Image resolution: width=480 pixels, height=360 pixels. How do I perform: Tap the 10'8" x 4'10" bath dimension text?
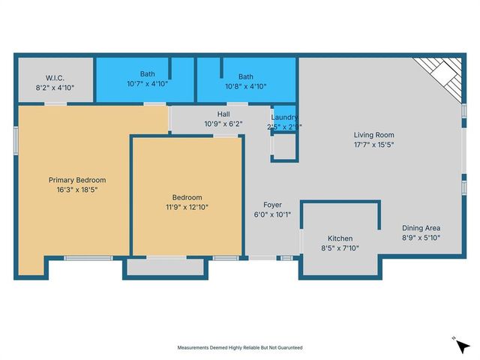tap(246, 86)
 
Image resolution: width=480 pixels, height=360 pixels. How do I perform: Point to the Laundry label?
tap(284, 117)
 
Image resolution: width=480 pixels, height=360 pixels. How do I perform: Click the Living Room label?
tap(373, 136)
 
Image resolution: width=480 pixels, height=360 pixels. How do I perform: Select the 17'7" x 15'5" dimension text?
tap(373, 145)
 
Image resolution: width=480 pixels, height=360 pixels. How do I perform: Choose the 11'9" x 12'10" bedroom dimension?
tap(187, 206)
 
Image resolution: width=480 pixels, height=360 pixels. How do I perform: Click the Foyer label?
tap(271, 205)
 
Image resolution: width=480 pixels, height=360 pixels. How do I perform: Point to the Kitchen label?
tap(340, 238)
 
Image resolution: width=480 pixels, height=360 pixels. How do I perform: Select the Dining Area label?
tap(421, 228)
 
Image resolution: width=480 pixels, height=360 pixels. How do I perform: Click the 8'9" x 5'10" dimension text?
tap(421, 238)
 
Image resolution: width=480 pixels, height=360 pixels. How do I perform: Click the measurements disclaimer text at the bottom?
tap(240, 348)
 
